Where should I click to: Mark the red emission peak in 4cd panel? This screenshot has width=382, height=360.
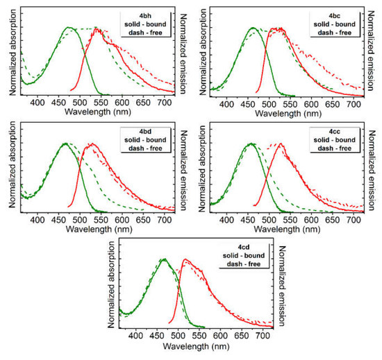pos(185,259)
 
